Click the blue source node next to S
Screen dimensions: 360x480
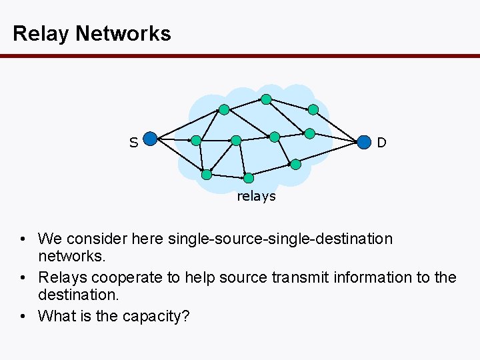pyautogui.click(x=151, y=139)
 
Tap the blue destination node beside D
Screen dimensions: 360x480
pyautogui.click(x=363, y=142)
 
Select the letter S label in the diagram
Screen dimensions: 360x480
pyautogui.click(x=133, y=142)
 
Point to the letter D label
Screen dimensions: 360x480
pyautogui.click(x=381, y=143)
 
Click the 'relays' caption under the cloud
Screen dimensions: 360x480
pyautogui.click(x=256, y=196)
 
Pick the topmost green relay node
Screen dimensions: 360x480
pyautogui.click(x=266, y=99)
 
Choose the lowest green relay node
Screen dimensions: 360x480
pyautogui.click(x=249, y=178)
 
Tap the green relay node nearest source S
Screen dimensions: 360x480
pyautogui.click(x=195, y=141)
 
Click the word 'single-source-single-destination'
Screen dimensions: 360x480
pyautogui.click(x=280, y=239)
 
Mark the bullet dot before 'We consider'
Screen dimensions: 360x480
pyautogui.click(x=23, y=239)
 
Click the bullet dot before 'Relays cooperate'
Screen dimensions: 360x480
pyautogui.click(x=23, y=278)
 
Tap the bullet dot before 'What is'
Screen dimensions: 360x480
pyautogui.click(x=23, y=317)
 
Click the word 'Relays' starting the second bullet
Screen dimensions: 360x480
pyautogui.click(x=59, y=277)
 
